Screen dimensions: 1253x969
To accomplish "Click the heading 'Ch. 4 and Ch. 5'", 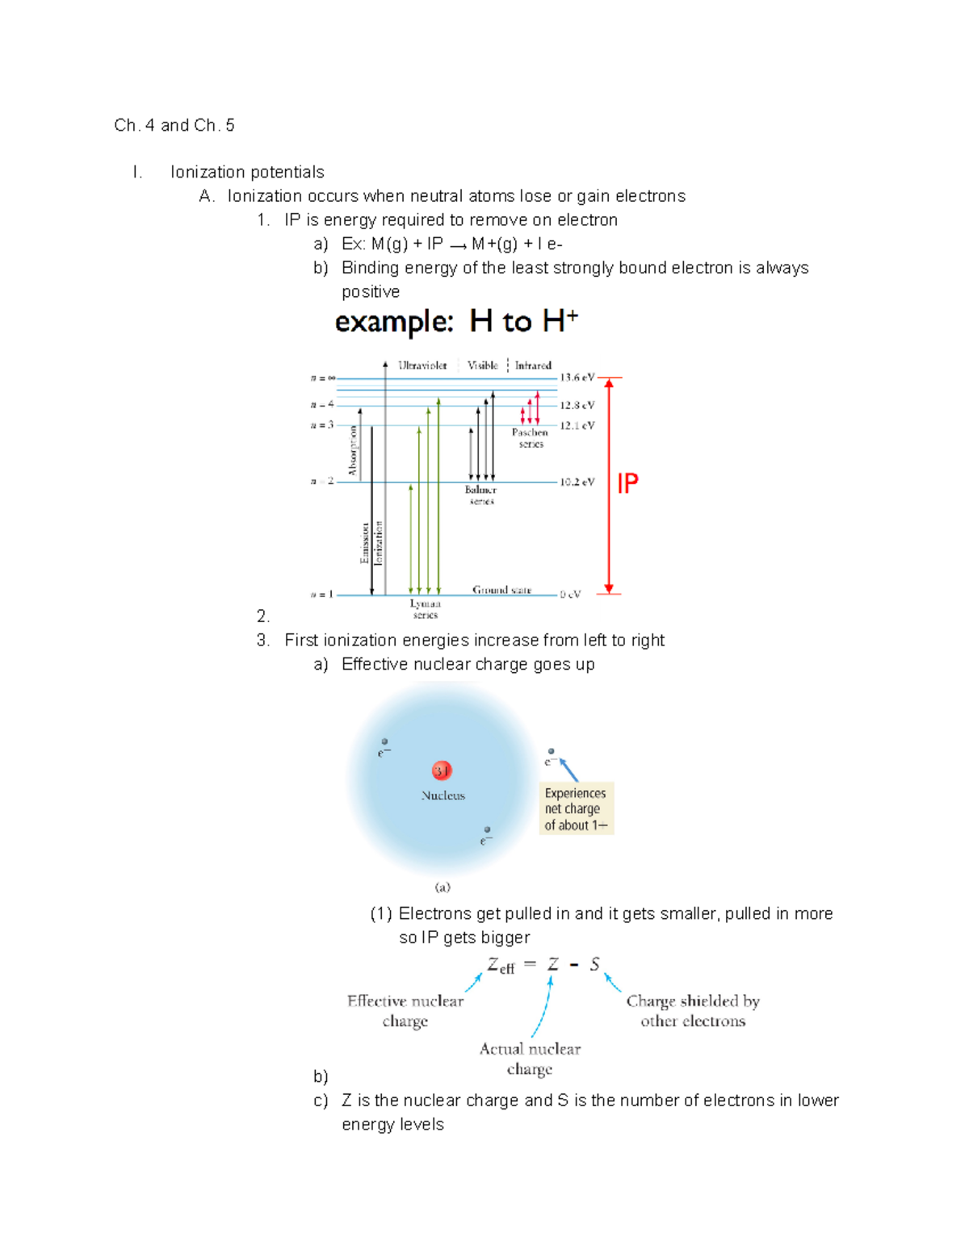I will [174, 125].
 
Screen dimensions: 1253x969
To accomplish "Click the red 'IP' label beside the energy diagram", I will [627, 483].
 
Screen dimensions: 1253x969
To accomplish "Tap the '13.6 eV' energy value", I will [577, 378].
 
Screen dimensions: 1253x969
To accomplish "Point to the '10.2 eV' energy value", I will [577, 482].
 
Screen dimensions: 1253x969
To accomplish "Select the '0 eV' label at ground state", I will [570, 595].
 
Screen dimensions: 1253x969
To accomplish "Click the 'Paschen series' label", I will [530, 438].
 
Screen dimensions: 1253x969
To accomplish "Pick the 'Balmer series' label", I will [480, 495].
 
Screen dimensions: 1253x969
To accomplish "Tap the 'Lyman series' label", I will [425, 609].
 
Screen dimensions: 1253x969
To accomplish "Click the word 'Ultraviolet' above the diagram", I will [422, 365].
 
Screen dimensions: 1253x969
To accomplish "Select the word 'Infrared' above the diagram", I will [533, 365].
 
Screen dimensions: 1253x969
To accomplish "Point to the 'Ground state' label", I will [501, 590].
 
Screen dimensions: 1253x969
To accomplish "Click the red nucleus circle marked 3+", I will [442, 771].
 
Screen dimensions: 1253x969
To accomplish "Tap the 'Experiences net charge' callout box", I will [576, 808].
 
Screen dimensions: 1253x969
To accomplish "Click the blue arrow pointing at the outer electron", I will [569, 770].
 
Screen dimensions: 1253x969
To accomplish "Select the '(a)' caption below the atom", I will [443, 887].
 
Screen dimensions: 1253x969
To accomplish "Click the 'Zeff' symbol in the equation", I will [500, 965].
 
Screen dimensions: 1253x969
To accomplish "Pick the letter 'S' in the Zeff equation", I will [594, 964].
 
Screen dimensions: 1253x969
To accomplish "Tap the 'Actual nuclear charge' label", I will [530, 1059].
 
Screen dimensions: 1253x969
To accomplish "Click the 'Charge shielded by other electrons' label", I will [693, 1011].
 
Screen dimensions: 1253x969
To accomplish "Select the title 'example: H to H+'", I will [456, 322].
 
